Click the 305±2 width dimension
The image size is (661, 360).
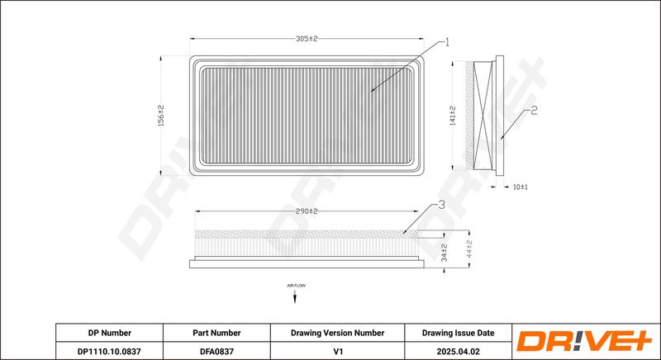[x=307, y=38]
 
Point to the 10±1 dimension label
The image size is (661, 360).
[x=521, y=187]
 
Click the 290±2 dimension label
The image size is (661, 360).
[x=307, y=211]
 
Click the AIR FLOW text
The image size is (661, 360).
[x=297, y=285]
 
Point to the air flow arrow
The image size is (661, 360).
[x=297, y=297]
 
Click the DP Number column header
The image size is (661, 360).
[x=109, y=333]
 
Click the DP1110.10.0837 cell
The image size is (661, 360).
[x=109, y=350]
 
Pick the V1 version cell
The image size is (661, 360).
[x=337, y=350]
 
